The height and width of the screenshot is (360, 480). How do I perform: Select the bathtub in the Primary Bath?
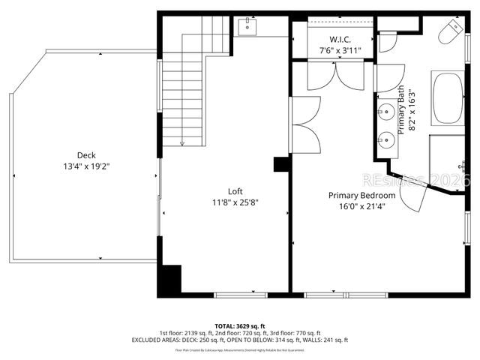pyautogui.click(x=448, y=97)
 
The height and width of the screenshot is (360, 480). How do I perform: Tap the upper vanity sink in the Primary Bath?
pyautogui.click(x=386, y=113)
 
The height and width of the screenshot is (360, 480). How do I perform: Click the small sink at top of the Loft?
pyautogui.click(x=247, y=28)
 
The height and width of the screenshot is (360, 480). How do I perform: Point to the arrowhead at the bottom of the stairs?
pyautogui.click(x=182, y=142)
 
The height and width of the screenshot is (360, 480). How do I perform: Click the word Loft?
pyautogui.click(x=235, y=191)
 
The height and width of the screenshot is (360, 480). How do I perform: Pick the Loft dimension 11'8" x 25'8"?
pyautogui.click(x=235, y=202)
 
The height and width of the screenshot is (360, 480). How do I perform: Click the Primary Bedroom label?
pyautogui.click(x=362, y=196)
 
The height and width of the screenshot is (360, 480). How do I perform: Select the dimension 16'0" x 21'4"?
pyautogui.click(x=362, y=206)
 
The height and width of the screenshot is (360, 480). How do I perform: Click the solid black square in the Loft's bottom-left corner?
pyautogui.click(x=169, y=280)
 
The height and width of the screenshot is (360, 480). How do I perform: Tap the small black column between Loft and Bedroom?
pyautogui.click(x=282, y=164)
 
